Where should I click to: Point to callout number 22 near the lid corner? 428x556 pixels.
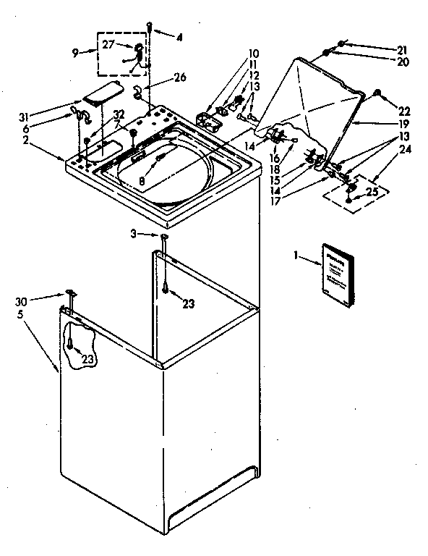(404, 111)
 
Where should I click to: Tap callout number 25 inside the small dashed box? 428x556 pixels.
(373, 192)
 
